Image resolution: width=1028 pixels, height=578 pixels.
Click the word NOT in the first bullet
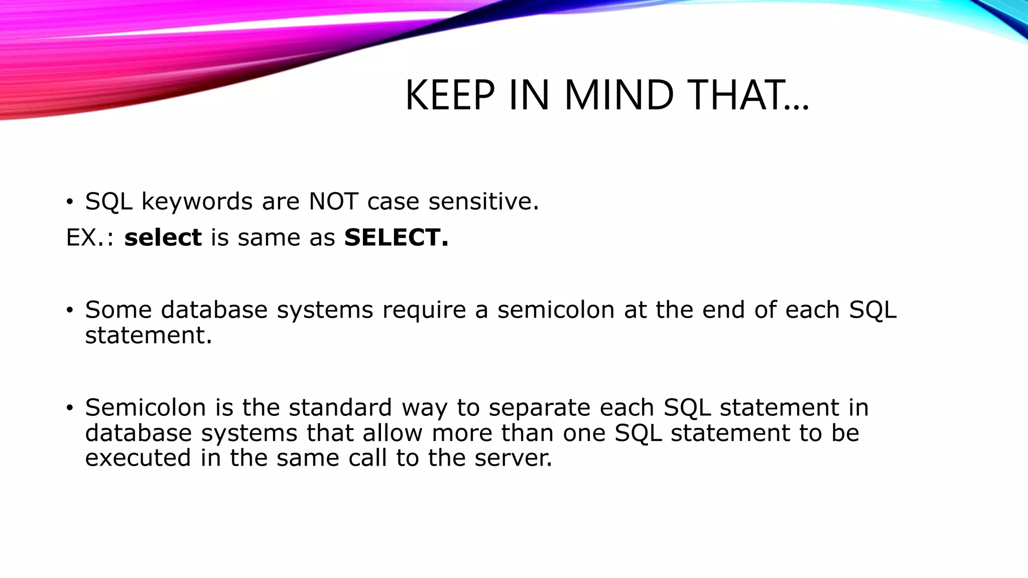tap(333, 202)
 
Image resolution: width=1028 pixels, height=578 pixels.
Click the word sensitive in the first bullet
tap(483, 202)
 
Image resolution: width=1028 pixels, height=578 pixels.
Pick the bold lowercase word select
tap(163, 237)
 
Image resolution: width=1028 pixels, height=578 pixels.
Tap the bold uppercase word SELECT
tap(396, 237)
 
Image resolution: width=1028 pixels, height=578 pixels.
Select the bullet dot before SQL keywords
tap(70, 203)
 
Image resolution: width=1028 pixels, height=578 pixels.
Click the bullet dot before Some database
tap(70, 311)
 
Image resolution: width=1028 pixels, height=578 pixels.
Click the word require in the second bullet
tap(424, 311)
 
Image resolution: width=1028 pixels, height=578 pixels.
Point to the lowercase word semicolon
tap(556, 310)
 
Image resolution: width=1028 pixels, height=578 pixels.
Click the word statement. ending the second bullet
tap(149, 335)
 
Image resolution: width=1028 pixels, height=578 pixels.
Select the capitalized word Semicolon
tap(146, 407)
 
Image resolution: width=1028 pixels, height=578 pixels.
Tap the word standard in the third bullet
tap(340, 407)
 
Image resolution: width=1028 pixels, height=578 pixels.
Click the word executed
tap(138, 458)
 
